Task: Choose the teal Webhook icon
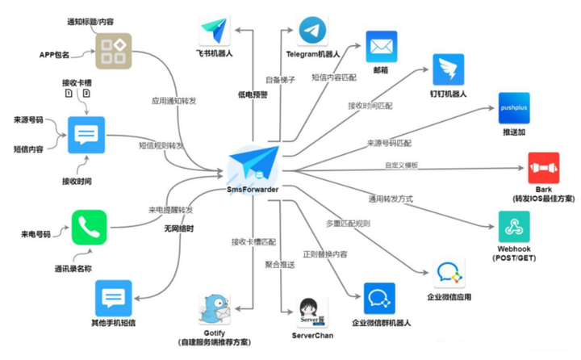click(514, 228)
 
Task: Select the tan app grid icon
click(113, 50)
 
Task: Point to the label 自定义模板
click(402, 165)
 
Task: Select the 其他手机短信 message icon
click(113, 298)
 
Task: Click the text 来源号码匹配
click(389, 143)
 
